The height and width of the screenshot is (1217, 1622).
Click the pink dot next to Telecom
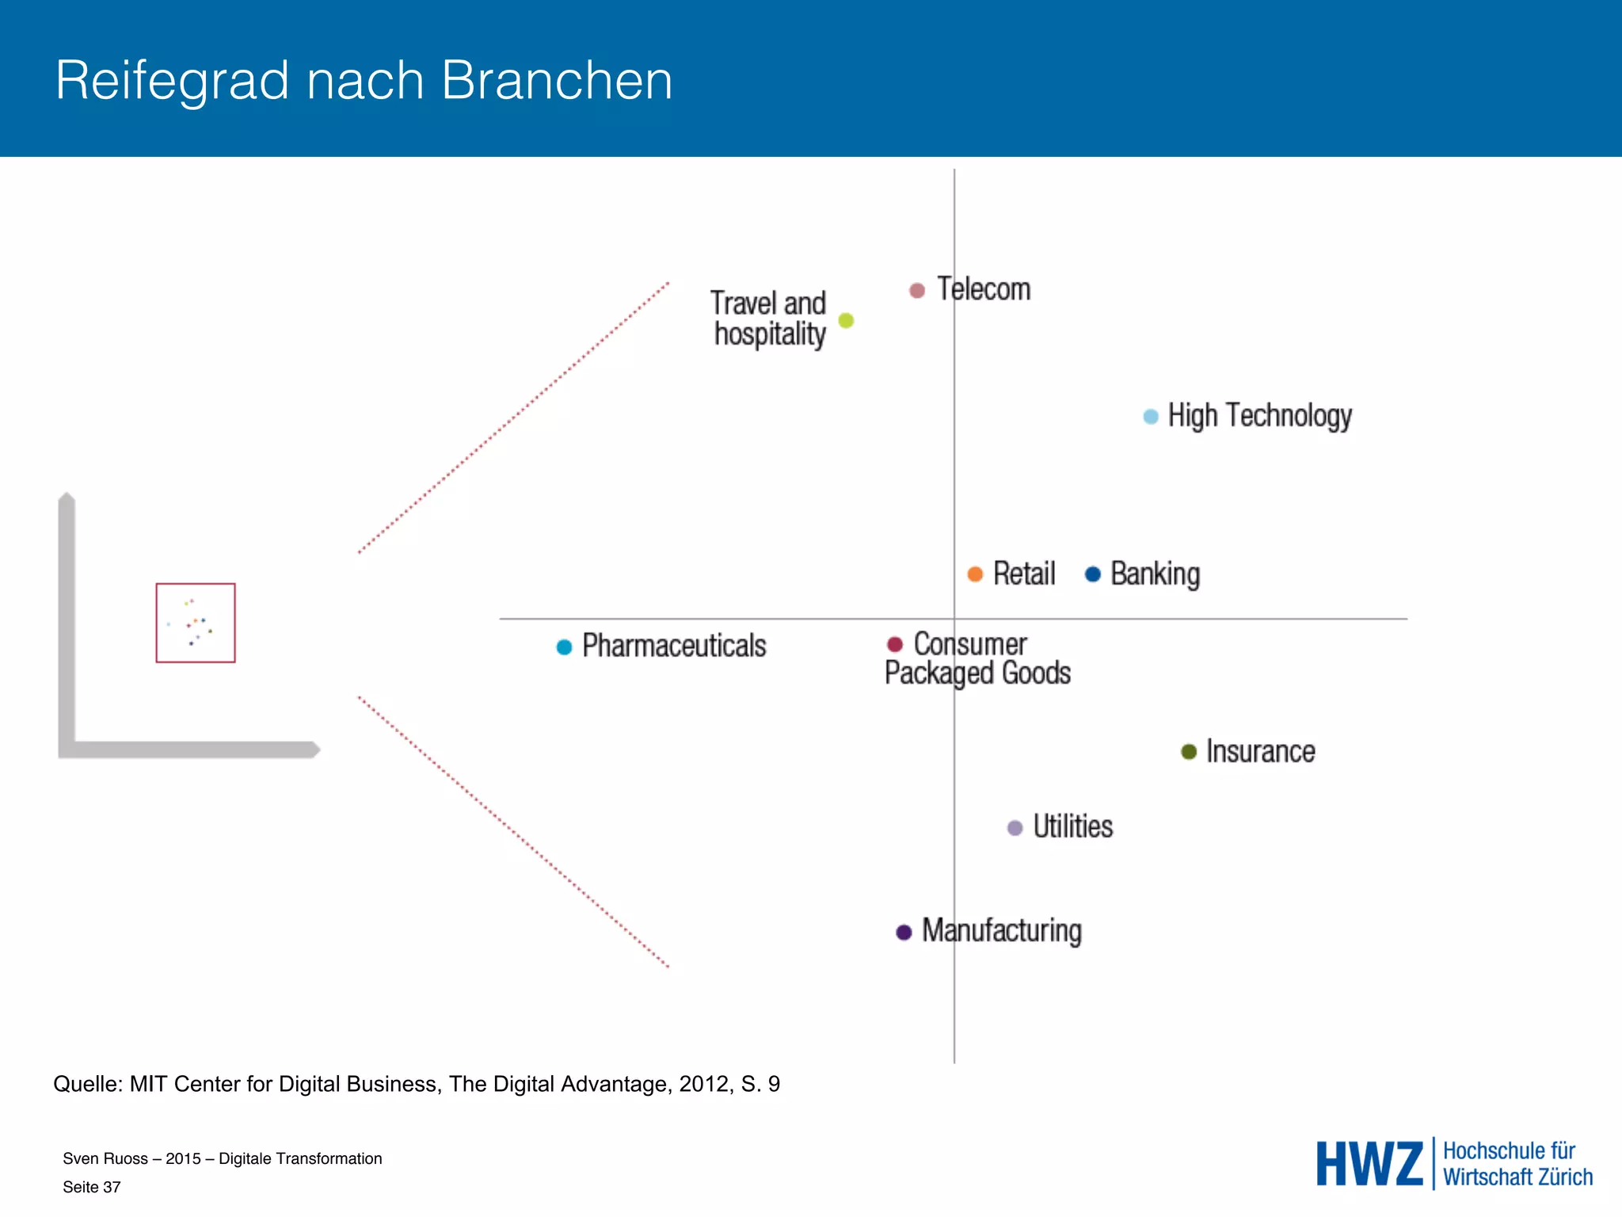(917, 291)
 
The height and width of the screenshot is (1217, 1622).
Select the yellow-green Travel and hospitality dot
(846, 320)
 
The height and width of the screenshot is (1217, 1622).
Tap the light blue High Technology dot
(1151, 417)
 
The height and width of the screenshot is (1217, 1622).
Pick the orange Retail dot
(975, 574)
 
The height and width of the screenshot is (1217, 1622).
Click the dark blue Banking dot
(1093, 574)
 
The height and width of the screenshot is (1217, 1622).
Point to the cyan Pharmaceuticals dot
(564, 647)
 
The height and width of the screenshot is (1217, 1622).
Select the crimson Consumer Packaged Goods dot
(895, 644)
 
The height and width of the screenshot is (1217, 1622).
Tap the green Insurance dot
(1189, 751)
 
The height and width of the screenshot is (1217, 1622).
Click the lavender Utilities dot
(1015, 828)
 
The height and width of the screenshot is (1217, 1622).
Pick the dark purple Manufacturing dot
(904, 932)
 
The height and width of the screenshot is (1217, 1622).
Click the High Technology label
(1259, 416)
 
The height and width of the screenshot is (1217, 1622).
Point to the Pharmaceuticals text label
(674, 646)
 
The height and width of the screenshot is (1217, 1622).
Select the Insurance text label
(1260, 751)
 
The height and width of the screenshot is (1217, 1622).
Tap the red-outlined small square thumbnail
(196, 623)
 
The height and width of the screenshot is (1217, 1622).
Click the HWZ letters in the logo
(1369, 1164)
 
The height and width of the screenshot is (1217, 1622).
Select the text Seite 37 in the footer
(92, 1187)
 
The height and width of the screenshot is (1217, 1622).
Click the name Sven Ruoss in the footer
(105, 1158)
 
